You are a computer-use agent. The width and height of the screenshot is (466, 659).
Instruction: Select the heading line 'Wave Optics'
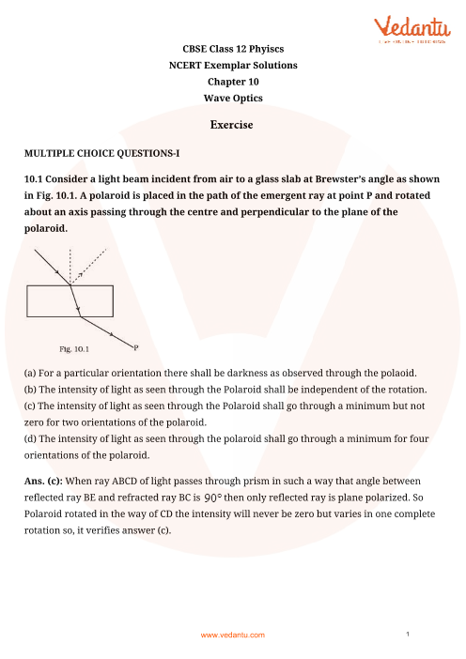(232, 98)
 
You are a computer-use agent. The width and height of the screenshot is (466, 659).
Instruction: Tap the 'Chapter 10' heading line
(232, 81)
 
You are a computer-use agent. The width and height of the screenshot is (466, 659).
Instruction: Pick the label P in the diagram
(136, 347)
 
